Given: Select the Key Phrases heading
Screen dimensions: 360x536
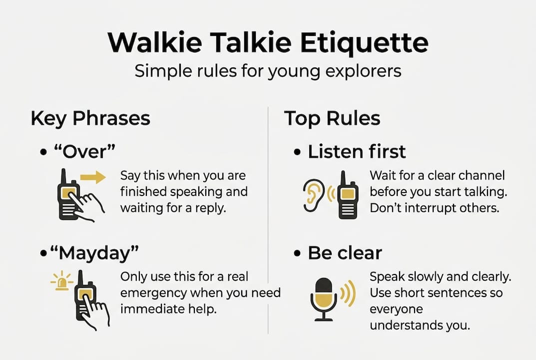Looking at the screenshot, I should point(90,118).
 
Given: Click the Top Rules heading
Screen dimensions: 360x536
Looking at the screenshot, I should point(332,118).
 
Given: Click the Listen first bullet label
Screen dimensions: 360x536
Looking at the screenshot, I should point(357,151).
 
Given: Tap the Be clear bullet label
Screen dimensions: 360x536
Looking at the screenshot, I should point(345,252).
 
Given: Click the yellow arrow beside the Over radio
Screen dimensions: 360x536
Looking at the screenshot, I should point(93,177).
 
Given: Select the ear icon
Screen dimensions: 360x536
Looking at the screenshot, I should point(312,195).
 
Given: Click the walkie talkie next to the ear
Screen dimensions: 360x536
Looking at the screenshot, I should point(347,195).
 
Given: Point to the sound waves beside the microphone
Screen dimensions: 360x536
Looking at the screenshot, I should point(349,292).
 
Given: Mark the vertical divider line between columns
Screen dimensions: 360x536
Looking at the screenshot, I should point(268,220).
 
